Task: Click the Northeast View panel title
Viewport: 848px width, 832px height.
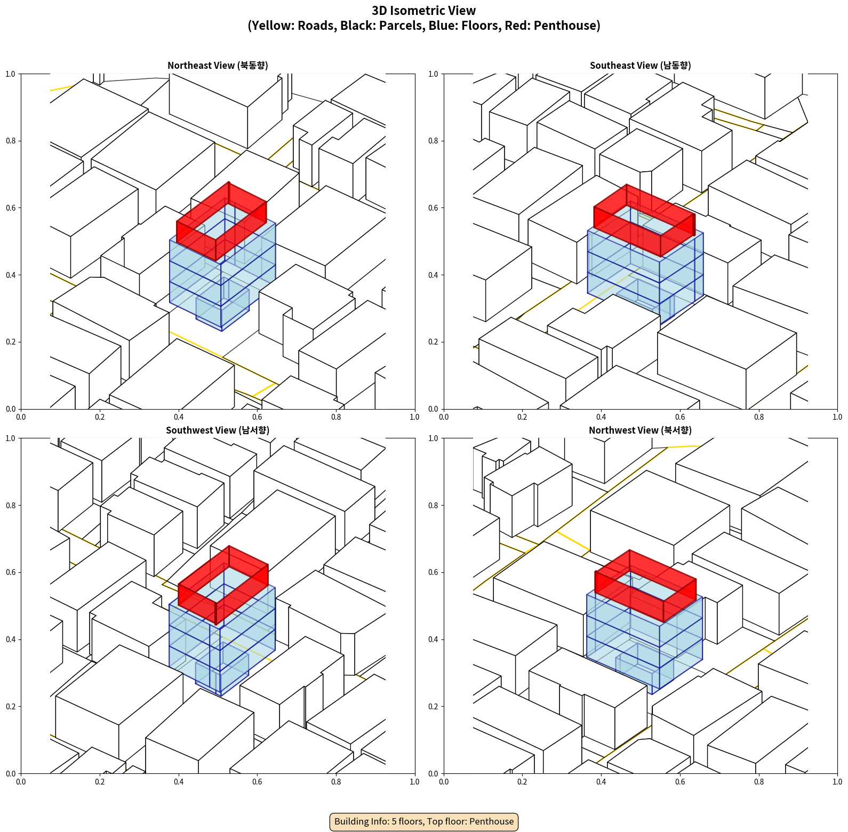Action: click(218, 65)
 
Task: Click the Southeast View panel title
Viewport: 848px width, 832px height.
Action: click(640, 65)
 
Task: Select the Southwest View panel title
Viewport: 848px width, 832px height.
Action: click(218, 430)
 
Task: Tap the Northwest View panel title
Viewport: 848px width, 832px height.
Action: click(640, 430)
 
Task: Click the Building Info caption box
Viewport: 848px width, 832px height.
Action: click(424, 821)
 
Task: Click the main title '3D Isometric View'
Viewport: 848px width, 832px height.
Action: click(424, 11)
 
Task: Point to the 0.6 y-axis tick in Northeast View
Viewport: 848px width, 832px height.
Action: click(10, 208)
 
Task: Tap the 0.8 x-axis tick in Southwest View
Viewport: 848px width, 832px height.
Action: click(336, 782)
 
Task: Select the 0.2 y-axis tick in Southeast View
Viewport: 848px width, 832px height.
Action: click(433, 342)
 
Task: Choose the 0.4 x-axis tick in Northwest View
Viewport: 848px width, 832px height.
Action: click(601, 782)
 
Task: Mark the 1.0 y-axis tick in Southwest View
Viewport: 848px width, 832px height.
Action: click(10, 438)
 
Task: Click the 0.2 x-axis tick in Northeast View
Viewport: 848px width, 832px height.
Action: click(100, 417)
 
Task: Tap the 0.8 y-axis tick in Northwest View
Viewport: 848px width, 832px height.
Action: click(433, 506)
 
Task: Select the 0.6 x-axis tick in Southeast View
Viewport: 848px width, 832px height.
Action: click(680, 417)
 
